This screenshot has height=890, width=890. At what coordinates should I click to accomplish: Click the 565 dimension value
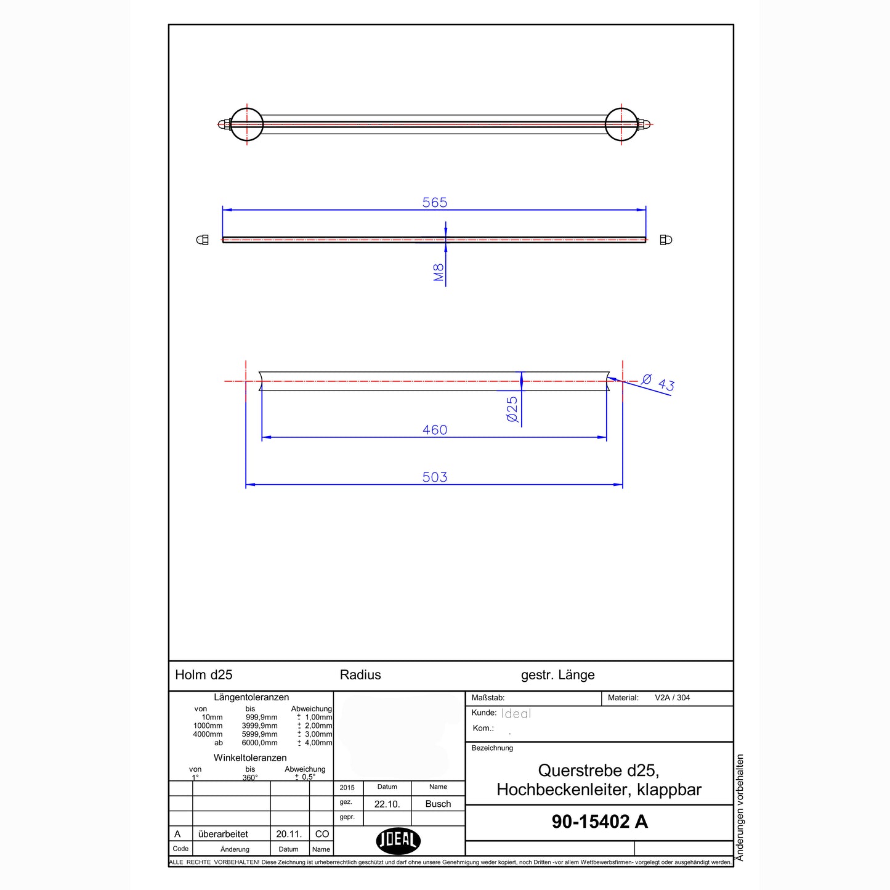[x=435, y=202]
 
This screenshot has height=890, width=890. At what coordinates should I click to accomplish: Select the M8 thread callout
[x=439, y=272]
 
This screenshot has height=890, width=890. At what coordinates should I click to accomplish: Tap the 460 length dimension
[x=435, y=430]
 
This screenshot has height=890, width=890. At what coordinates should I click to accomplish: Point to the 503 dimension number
[x=435, y=477]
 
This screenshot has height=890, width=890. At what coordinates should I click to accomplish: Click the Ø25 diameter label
[x=512, y=409]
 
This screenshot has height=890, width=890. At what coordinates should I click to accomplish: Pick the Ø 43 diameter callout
[x=658, y=382]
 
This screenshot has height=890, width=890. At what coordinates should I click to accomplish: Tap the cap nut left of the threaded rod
[x=202, y=240]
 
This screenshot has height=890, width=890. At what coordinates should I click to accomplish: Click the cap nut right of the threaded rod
[x=666, y=240]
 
